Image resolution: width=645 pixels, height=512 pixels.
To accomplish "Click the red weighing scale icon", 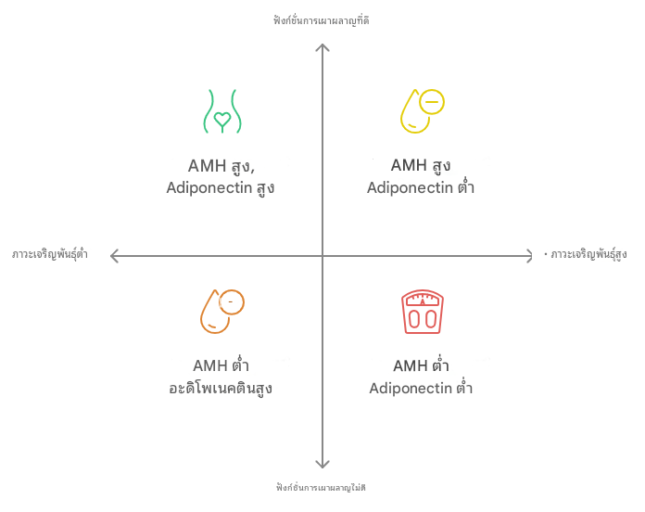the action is pyautogui.click(x=423, y=312).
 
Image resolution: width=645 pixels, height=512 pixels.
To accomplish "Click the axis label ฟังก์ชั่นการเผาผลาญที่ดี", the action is pyautogui.click(x=322, y=20).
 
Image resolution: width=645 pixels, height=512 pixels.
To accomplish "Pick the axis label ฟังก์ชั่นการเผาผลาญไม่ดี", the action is pyautogui.click(x=321, y=488).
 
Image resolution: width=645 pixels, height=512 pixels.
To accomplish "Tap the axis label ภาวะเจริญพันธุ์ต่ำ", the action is pyautogui.click(x=50, y=254).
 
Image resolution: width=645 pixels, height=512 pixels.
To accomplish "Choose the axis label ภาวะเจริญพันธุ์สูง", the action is pyautogui.click(x=588, y=254).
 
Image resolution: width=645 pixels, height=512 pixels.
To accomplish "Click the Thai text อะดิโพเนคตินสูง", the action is pyautogui.click(x=221, y=388).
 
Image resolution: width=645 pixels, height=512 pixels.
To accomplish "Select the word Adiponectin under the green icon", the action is pyautogui.click(x=209, y=187).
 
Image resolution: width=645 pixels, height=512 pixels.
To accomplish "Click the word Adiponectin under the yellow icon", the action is pyautogui.click(x=410, y=187).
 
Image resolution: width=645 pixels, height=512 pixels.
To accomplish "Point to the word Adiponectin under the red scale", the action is pyautogui.click(x=411, y=388).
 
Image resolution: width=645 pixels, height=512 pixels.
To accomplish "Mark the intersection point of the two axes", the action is pyautogui.click(x=322, y=256).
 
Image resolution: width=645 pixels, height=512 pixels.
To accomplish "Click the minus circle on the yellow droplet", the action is pyautogui.click(x=432, y=102).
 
